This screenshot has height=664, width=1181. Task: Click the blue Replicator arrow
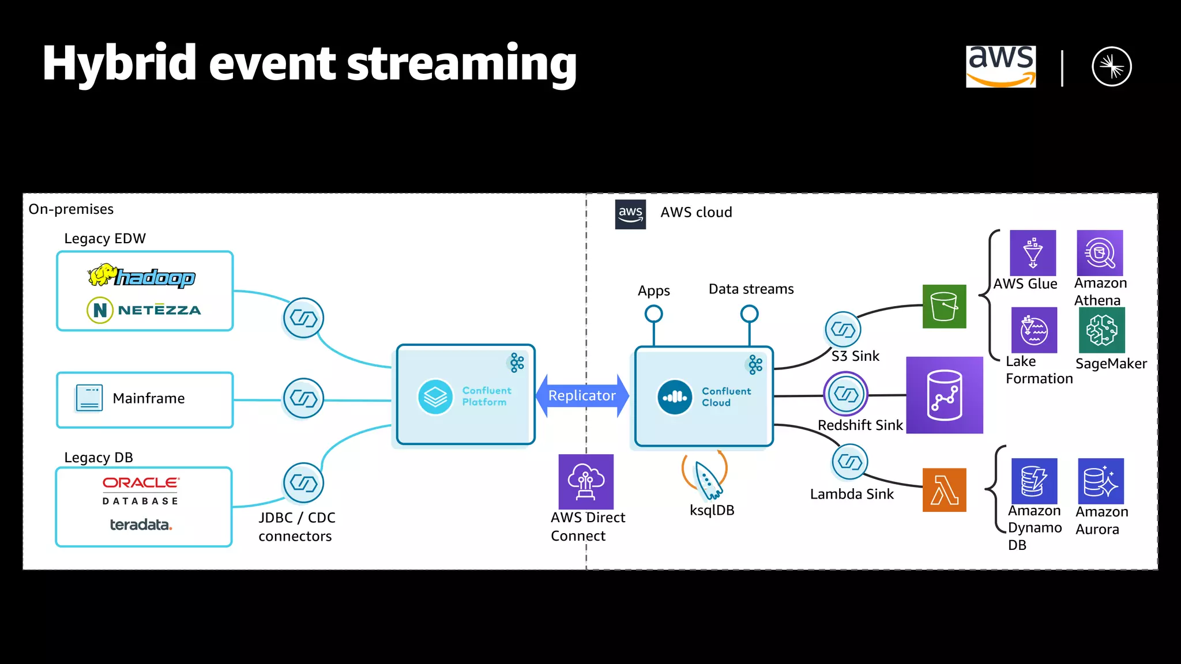click(582, 395)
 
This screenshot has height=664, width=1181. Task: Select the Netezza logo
click(144, 310)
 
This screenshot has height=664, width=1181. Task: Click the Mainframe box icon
click(89, 398)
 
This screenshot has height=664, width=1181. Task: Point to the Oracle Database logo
click(141, 491)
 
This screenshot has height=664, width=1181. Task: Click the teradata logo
click(141, 525)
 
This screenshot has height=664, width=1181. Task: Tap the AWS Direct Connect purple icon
click(586, 481)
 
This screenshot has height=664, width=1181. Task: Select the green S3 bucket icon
click(944, 307)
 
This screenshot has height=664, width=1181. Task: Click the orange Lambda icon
click(944, 490)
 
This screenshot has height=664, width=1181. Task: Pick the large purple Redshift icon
click(945, 395)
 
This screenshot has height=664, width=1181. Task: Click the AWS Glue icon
click(1033, 252)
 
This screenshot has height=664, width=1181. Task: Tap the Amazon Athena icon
click(1100, 252)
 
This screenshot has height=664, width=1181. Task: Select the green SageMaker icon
click(1101, 330)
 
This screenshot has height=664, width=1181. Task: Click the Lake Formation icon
click(1034, 330)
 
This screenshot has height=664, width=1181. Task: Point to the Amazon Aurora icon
click(1100, 481)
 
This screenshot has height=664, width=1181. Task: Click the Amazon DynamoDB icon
click(1034, 481)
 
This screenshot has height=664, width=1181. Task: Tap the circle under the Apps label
click(653, 314)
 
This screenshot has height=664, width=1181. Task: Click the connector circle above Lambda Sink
click(849, 462)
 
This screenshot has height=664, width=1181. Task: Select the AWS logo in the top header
click(1001, 66)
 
